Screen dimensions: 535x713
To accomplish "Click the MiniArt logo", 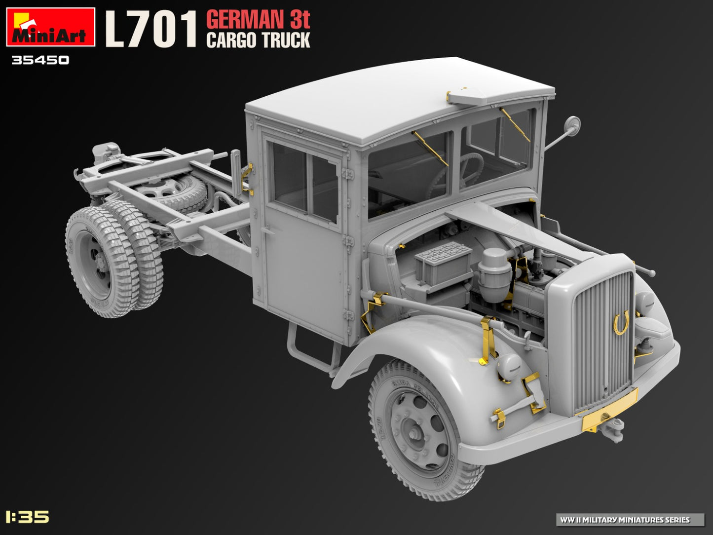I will (50, 27).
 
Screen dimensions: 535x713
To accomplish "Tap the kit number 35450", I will (40, 61).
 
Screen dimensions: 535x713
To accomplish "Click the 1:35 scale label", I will (28, 517).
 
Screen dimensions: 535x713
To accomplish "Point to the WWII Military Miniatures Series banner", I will (631, 520).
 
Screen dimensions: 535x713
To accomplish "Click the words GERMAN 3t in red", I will (258, 20).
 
